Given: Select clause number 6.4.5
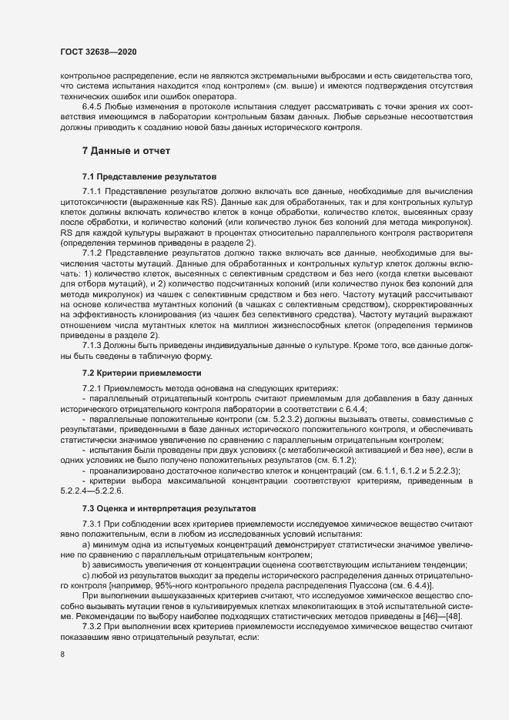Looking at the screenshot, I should tap(93, 105).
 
